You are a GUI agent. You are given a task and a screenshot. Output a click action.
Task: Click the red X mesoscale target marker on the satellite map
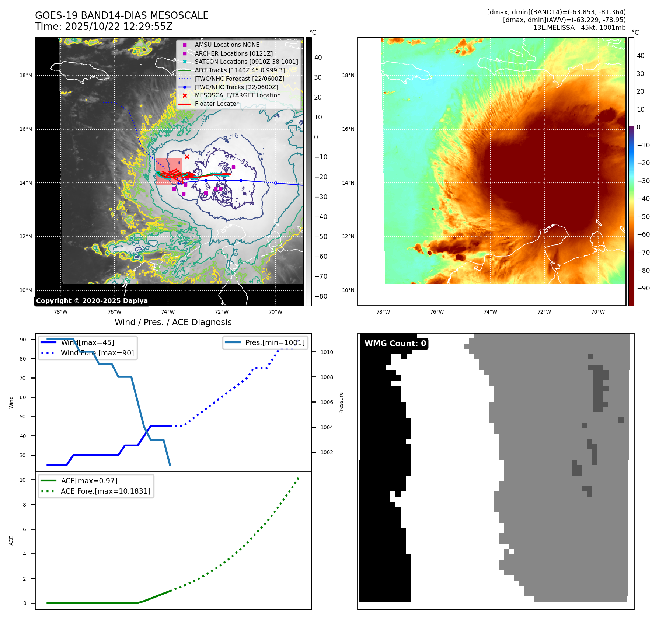pos(187,157)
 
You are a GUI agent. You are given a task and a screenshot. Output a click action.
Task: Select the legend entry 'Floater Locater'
pos(216,104)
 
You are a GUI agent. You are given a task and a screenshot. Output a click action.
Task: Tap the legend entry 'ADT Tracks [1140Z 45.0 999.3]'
pos(240,70)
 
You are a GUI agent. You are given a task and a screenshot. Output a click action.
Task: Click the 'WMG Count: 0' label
pos(395,344)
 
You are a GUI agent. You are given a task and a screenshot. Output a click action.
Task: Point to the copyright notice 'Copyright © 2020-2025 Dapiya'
pos(92,301)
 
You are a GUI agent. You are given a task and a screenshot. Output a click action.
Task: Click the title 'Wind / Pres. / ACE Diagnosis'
pos(173,322)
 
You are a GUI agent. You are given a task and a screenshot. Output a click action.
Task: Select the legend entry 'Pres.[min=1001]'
pos(275,342)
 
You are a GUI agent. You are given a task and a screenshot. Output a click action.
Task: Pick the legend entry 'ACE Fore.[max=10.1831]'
pos(105,491)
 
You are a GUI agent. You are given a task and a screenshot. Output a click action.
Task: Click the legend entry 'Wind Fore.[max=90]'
pos(97,353)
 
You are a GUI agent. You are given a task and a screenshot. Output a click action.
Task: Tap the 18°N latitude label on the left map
pos(26,76)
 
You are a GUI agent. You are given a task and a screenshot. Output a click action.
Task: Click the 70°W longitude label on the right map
pos(598,312)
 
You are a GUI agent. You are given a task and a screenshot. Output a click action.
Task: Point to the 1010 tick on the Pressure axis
pos(327,352)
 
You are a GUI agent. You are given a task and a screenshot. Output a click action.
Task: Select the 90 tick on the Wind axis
pos(23,340)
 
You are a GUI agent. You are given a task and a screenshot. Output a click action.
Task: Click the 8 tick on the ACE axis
pos(24,505)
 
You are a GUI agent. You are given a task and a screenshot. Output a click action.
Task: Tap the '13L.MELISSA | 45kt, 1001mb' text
pos(579,28)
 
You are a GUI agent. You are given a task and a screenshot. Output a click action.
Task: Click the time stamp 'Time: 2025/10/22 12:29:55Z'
pos(104,27)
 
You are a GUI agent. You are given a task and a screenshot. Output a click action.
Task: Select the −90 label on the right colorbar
pos(643,288)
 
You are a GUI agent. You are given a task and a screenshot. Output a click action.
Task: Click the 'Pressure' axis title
pos(341,403)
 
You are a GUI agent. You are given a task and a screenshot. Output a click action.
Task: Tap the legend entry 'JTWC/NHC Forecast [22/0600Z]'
pos(239,79)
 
